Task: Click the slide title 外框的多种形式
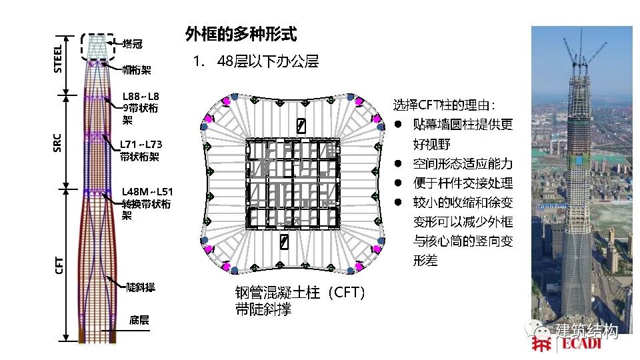(241, 35)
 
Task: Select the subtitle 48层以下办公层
(267, 62)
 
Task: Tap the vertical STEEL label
(58, 58)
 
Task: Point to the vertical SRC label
(58, 142)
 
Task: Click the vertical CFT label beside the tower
(59, 267)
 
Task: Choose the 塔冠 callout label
(133, 44)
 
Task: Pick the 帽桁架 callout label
(137, 69)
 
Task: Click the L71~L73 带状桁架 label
(141, 151)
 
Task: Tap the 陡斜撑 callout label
(141, 287)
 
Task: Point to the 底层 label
(139, 321)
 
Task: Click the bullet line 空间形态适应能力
(462, 163)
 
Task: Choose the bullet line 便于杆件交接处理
(462, 183)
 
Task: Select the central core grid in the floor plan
(292, 183)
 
